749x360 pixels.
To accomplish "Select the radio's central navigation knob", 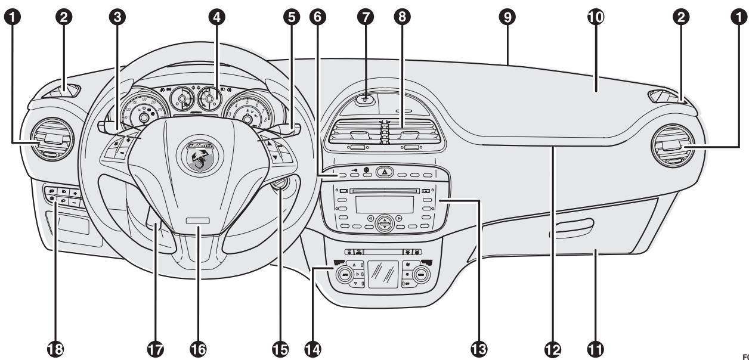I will point(385,223).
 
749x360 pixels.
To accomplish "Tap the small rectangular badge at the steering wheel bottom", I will point(196,221).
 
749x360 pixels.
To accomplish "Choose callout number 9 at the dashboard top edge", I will point(507,17).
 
